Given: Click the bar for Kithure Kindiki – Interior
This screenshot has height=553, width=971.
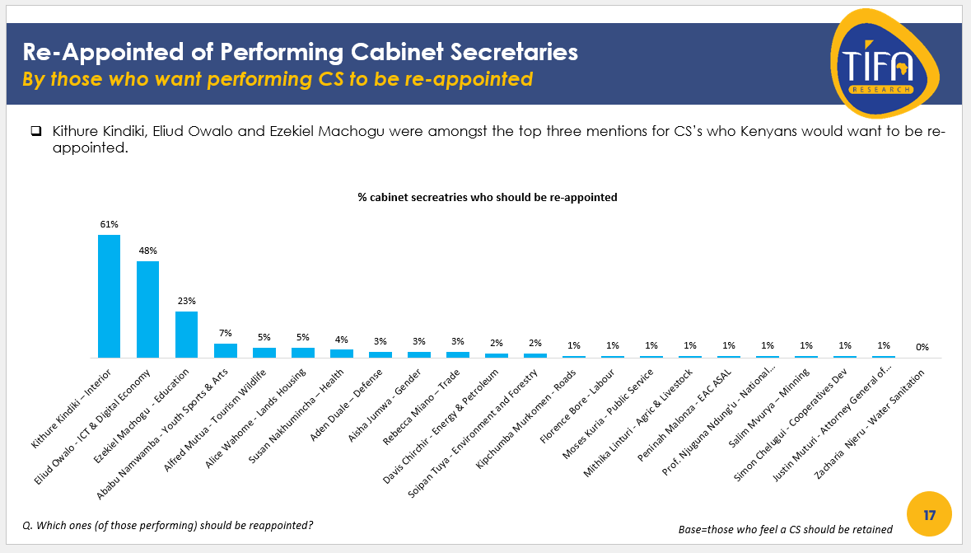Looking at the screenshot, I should [109, 296].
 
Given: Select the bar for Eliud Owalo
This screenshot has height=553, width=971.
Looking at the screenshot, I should [147, 309].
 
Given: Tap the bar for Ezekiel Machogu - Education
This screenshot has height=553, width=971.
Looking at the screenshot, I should [186, 334].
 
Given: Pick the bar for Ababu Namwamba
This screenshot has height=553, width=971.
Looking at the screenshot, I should [225, 350].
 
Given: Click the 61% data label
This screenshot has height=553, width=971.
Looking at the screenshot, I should [109, 224].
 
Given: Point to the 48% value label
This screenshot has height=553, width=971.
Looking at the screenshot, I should [147, 251].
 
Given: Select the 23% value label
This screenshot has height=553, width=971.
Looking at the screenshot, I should [186, 301].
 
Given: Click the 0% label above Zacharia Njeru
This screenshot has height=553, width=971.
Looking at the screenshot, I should [922, 347].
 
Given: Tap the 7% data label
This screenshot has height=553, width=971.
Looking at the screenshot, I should [225, 333].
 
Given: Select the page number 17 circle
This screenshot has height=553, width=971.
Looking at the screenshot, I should [929, 515].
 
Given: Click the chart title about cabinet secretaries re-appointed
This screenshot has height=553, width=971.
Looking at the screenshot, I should [487, 198].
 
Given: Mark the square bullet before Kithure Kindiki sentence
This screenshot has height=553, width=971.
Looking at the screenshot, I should [35, 132].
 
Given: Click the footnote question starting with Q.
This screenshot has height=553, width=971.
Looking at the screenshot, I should [167, 525].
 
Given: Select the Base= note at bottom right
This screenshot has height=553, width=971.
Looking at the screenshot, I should [779, 529].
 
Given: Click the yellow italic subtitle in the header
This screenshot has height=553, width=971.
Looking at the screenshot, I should [277, 80].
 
